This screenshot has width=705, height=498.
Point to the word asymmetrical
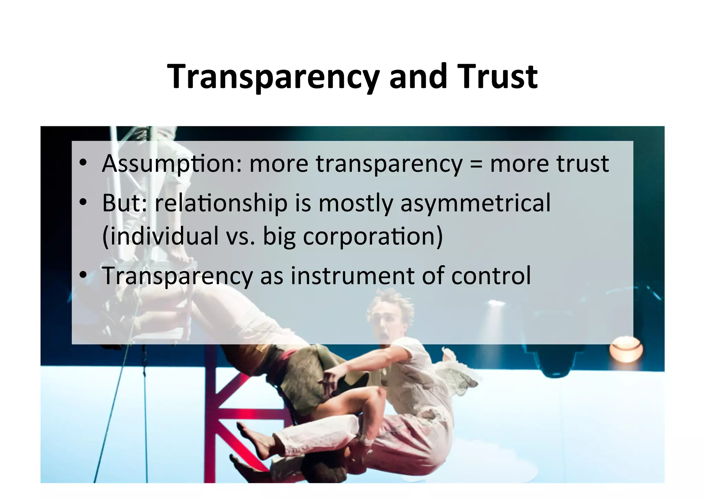click(x=475, y=203)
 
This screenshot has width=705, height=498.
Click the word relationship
click(x=221, y=203)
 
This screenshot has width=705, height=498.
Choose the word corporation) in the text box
click(x=372, y=236)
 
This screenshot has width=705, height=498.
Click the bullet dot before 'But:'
click(x=83, y=203)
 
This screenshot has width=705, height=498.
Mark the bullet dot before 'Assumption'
click(x=83, y=164)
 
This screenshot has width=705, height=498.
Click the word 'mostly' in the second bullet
click(x=355, y=203)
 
